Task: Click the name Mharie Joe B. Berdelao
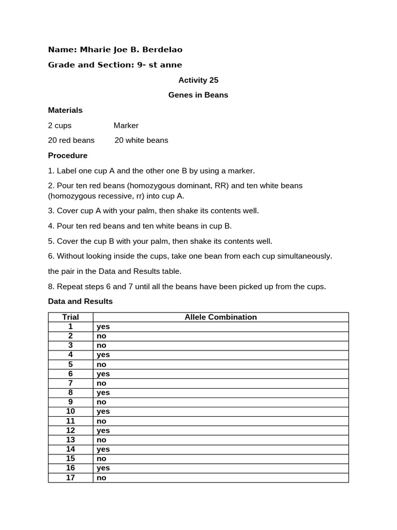coord(131,50)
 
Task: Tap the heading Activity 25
coord(198,80)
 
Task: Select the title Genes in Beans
coord(198,95)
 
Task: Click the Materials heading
coord(65,110)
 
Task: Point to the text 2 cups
coord(60,125)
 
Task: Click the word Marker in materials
coord(126,125)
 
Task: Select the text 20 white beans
coord(141,140)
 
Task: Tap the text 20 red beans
coord(71,140)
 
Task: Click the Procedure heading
coord(68,155)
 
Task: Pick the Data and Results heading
coord(80,301)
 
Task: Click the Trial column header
coord(71,317)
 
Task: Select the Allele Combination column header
coord(221,317)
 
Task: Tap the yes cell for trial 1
coord(103,327)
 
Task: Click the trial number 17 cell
coord(71,478)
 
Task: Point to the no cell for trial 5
coord(101,364)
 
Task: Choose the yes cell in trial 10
coord(103,411)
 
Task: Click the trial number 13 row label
coord(71,440)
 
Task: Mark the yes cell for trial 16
coord(103,468)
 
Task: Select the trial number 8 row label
coord(71,393)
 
